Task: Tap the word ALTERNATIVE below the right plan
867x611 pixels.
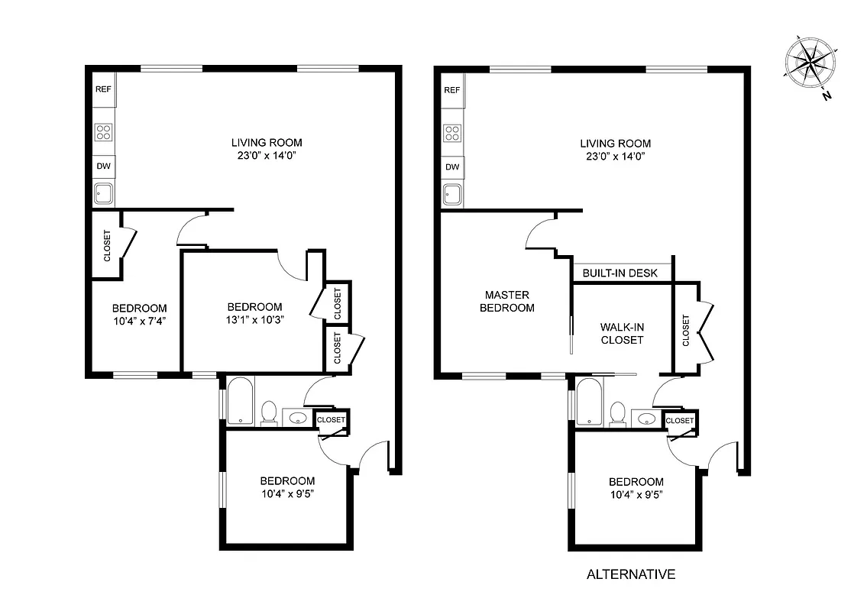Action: (x=630, y=574)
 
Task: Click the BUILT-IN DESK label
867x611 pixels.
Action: (x=620, y=273)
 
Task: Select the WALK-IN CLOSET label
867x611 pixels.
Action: (x=622, y=333)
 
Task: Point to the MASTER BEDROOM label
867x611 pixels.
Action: (x=506, y=301)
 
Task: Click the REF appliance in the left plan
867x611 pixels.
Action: (x=103, y=89)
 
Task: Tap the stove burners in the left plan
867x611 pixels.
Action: (x=103, y=132)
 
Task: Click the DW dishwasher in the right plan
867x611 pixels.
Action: (x=452, y=167)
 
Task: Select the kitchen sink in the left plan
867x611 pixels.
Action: (x=104, y=194)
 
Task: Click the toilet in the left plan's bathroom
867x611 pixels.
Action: (x=268, y=412)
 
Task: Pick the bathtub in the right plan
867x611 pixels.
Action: (x=589, y=401)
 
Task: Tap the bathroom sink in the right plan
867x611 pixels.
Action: (x=647, y=419)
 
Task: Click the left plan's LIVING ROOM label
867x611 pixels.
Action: (x=267, y=142)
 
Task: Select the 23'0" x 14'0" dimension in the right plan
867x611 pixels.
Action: (x=615, y=156)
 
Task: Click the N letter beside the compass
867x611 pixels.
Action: (x=827, y=96)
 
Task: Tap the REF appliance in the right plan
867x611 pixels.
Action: (x=452, y=90)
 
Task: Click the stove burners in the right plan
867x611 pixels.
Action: (x=452, y=133)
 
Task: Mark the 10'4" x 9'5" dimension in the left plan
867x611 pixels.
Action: (x=287, y=493)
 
